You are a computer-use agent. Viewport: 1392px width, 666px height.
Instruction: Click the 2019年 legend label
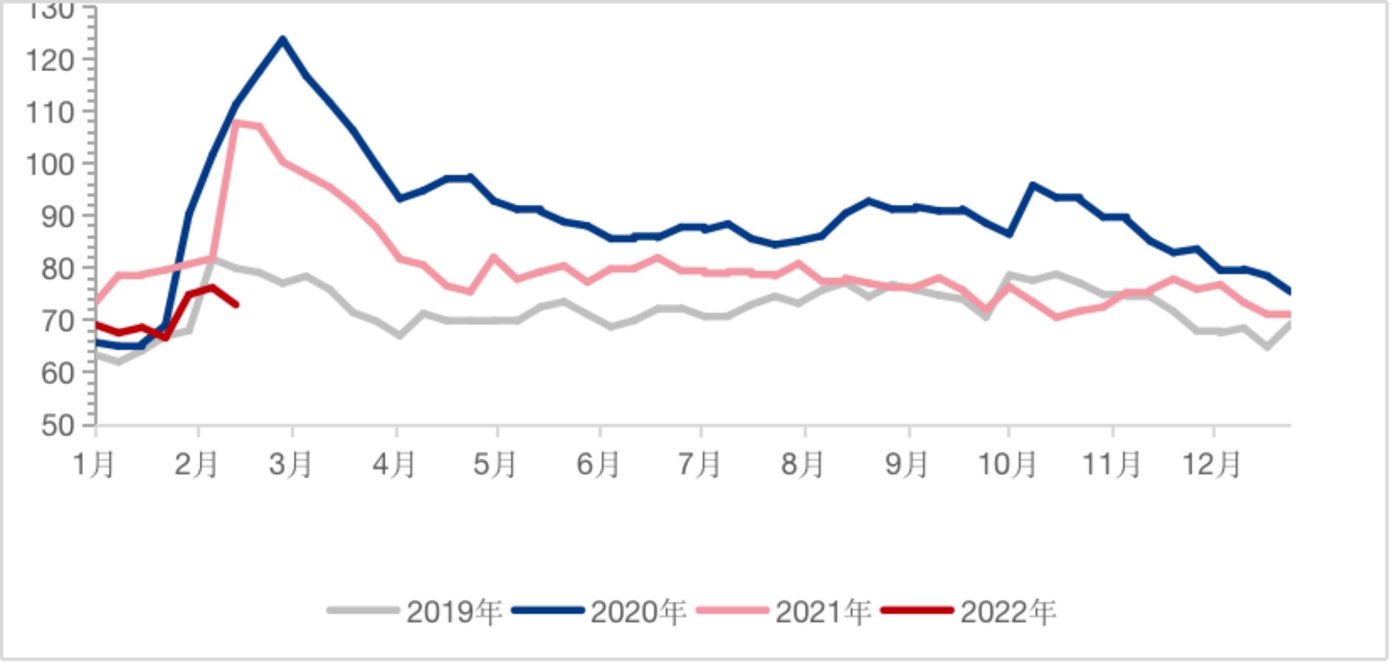453,612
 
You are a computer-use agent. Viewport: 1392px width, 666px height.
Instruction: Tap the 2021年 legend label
823,612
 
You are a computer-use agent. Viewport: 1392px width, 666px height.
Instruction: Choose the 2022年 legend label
1008,612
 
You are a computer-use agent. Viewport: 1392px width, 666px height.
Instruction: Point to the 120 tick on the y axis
50,60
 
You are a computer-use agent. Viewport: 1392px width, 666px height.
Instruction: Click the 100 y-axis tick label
50,164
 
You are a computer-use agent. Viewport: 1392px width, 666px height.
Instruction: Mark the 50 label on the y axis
58,425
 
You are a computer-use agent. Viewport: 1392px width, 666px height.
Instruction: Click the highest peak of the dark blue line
282,39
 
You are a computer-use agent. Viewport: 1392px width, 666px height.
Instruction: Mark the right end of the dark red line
237,305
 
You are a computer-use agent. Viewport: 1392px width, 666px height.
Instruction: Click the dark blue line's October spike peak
1031,185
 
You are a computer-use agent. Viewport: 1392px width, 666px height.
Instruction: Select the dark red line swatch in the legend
917,610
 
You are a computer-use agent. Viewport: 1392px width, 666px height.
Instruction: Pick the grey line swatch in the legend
363,610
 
